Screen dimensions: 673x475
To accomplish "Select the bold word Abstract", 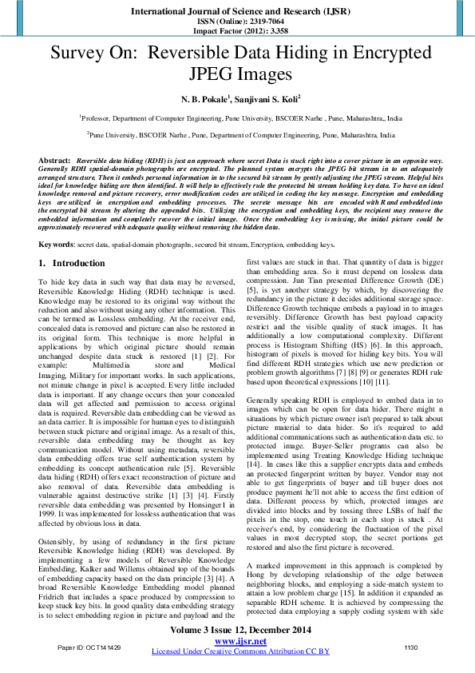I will [x=54, y=161].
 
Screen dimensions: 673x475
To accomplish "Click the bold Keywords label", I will [x=58, y=221].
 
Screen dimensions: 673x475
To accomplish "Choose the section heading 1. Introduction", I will [x=71, y=241].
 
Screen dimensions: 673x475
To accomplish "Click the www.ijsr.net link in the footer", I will [x=237, y=640].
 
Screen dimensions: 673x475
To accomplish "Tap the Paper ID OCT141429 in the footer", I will [x=89, y=647].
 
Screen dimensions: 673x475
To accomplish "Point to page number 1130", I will [x=411, y=647].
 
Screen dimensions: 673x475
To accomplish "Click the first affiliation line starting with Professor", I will [x=239, y=117].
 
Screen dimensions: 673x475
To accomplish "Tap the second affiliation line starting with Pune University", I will [x=239, y=136].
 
